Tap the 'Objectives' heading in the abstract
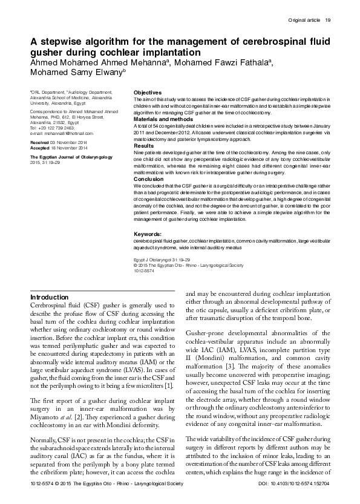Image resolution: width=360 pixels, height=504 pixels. coord(147,93)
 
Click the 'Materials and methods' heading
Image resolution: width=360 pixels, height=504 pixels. coord(161,119)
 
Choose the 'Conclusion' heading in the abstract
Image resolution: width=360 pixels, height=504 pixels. coord(148,179)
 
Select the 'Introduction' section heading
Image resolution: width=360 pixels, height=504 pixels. coord(50,298)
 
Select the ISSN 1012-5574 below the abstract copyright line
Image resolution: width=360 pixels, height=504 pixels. coord(143,270)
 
